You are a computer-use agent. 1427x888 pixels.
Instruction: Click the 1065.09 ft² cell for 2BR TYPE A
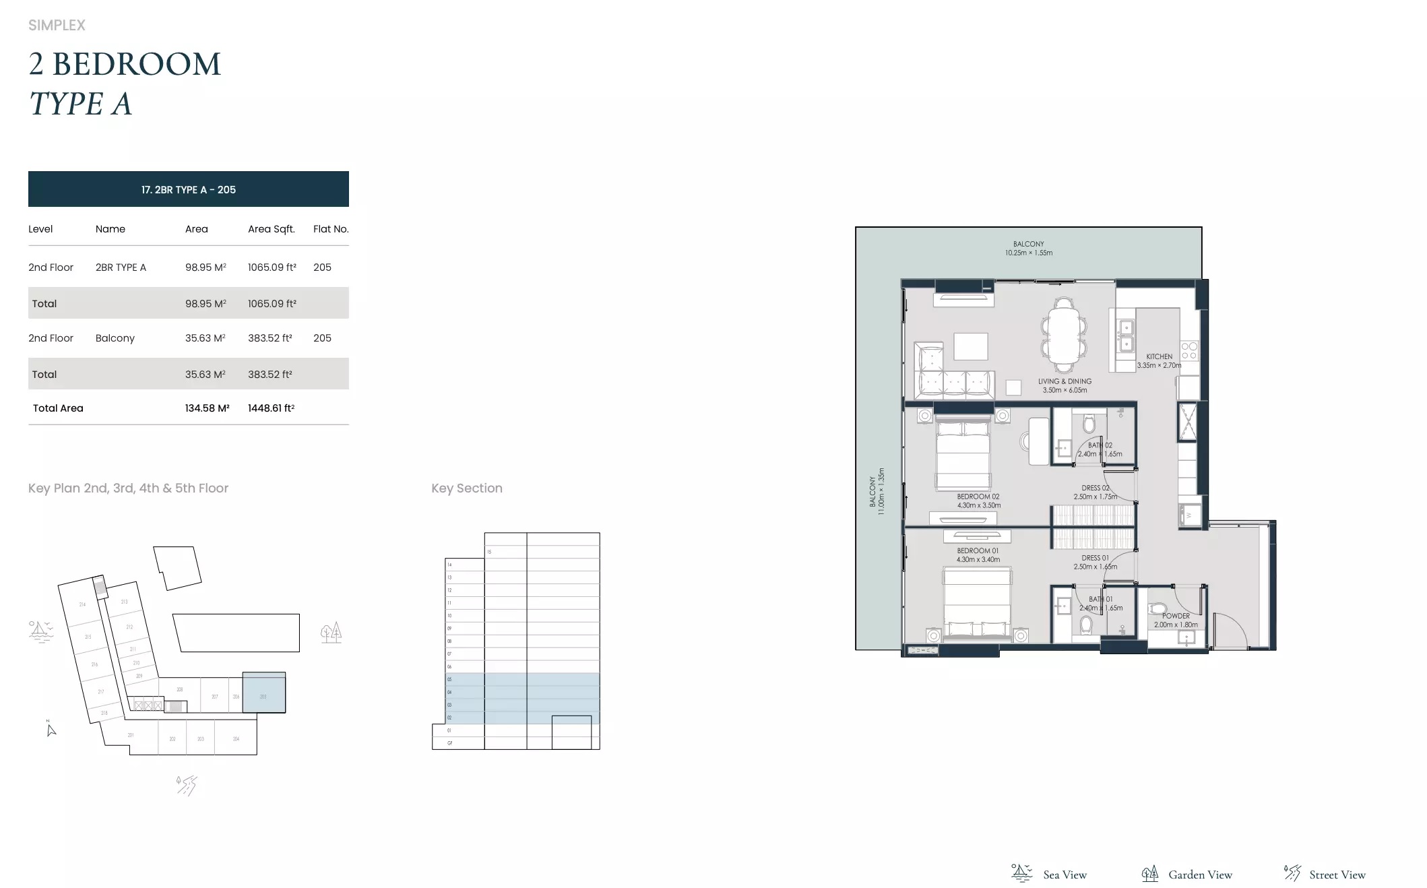pos(272,267)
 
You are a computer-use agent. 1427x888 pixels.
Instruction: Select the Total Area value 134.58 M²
pos(207,408)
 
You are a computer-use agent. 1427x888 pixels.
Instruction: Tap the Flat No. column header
pos(331,229)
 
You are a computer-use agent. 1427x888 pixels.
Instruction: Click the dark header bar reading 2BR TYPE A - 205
pos(189,189)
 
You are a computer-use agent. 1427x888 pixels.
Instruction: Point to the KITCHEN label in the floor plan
pos(1159,357)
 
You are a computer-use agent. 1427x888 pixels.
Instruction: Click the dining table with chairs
pos(1064,335)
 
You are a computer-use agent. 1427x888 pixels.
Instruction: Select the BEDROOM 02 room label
pos(978,497)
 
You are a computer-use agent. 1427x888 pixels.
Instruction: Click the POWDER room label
pos(1176,616)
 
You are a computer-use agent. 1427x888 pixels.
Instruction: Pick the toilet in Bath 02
pos(1089,424)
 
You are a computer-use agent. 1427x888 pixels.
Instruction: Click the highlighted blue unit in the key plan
pos(263,693)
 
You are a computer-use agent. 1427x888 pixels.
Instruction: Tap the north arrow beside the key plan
pos(51,729)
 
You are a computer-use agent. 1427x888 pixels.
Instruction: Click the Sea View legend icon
pos(1021,873)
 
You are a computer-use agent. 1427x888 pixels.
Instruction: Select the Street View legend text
pos(1337,875)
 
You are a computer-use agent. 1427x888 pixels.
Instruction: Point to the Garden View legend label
pos(1200,875)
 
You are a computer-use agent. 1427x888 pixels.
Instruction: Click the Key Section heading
pos(467,488)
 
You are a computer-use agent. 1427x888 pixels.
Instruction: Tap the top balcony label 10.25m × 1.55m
pos(1028,253)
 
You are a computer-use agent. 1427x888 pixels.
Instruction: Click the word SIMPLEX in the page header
pos(57,26)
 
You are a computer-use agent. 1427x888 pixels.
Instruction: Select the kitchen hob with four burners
pos(1189,350)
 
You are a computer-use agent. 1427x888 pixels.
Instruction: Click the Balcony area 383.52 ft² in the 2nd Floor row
pos(269,338)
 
